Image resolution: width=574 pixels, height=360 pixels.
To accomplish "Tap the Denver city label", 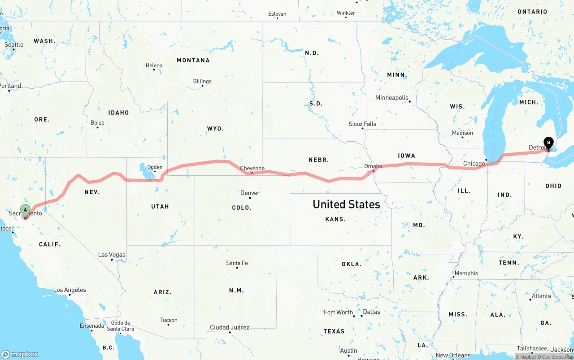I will [250, 193].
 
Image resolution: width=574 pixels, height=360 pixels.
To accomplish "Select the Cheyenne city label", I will [252, 169].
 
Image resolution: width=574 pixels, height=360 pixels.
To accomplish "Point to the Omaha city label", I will [373, 166].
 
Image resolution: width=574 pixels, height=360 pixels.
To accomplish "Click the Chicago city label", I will [474, 164].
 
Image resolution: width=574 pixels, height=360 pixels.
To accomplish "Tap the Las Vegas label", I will [112, 255].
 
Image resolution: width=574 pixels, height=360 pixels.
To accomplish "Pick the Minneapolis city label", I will [392, 98].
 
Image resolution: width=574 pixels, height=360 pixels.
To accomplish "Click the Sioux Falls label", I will [362, 124].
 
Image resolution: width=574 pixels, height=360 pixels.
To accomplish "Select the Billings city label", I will [202, 82].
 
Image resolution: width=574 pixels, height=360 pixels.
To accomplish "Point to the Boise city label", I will [97, 123].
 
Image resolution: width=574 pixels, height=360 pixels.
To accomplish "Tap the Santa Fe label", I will [237, 263].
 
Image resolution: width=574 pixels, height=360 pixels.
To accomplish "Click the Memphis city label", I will [466, 273].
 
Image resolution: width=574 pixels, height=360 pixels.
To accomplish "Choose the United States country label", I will [346, 204].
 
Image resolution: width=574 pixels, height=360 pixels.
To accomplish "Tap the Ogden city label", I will [155, 167].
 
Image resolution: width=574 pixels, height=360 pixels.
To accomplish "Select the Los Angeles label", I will [70, 290].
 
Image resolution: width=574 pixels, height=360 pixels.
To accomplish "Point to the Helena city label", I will [154, 66].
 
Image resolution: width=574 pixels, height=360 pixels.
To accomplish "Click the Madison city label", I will [462, 133].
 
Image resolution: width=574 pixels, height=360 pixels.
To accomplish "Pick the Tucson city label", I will [168, 320].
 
